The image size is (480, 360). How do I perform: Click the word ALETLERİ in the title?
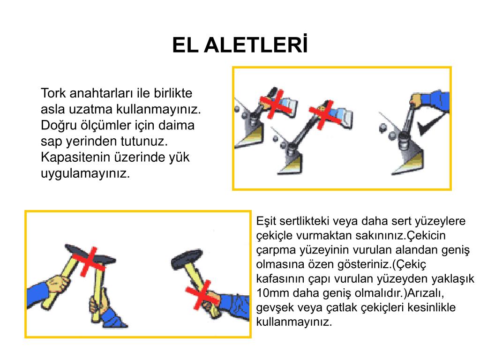(255, 45)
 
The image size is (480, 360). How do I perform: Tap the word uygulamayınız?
(85, 173)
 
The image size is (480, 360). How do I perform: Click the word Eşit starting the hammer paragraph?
(266, 221)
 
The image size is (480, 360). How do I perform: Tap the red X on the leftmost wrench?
(276, 104)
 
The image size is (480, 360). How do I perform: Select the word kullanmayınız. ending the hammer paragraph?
(294, 322)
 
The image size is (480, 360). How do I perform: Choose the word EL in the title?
(186, 45)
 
